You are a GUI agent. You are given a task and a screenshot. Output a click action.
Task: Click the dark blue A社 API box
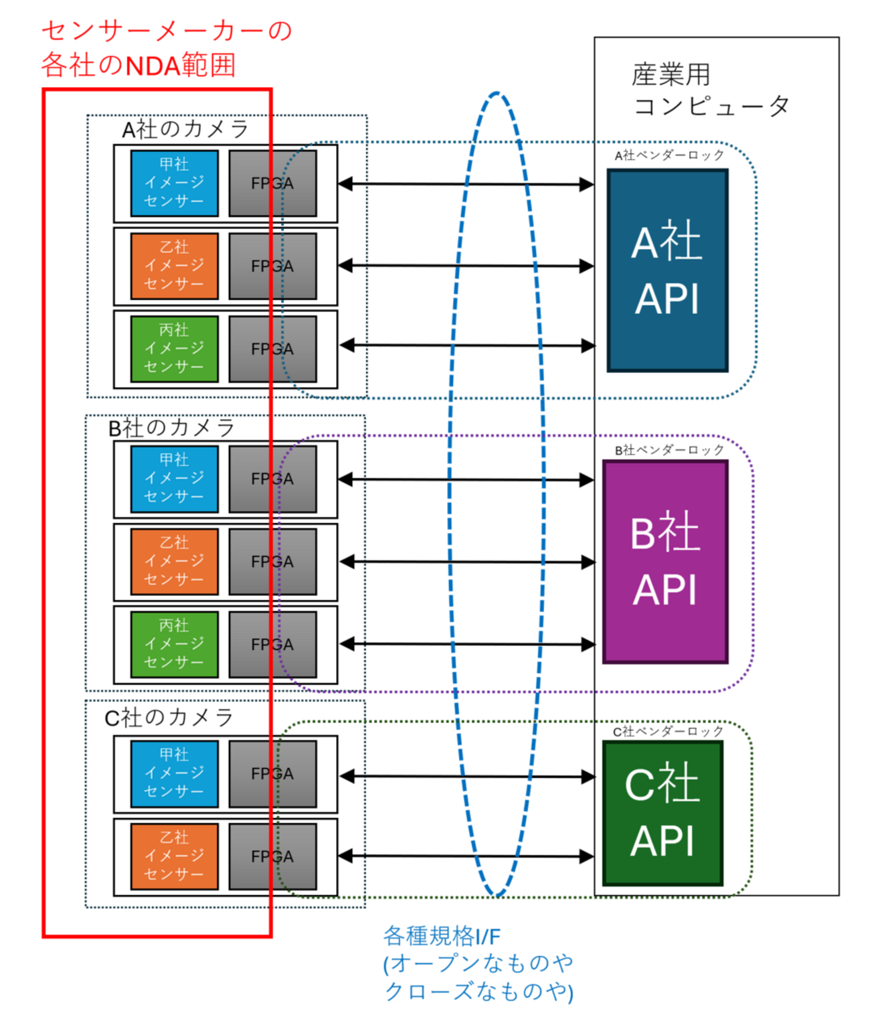667,270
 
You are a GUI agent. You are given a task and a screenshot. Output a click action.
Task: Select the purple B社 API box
665,562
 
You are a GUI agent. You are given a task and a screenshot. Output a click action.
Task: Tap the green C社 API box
663,812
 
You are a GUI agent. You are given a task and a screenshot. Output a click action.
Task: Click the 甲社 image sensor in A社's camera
174,183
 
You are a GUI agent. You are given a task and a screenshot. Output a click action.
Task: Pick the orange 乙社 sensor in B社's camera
174,561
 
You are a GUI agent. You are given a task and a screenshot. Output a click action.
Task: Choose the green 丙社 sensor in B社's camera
174,644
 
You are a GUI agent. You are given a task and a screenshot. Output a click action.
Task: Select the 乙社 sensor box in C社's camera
174,856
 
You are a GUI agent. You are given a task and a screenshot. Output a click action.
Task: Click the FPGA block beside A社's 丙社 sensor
272,349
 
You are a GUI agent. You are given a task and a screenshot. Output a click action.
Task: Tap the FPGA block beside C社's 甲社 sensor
272,773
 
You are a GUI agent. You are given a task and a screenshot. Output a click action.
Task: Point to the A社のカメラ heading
185,129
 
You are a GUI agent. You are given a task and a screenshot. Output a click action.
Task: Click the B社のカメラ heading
171,428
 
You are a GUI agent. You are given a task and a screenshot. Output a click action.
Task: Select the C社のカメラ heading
169,718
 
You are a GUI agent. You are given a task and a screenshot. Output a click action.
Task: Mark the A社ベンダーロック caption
669,155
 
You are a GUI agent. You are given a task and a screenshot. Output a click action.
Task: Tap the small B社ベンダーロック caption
669,450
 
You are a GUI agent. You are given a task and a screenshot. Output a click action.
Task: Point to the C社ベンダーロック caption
667,732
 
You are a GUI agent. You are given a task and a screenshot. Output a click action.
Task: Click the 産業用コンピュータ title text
709,90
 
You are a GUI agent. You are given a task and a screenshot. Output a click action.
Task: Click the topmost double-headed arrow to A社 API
466,183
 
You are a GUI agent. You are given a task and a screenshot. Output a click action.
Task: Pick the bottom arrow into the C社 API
466,856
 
